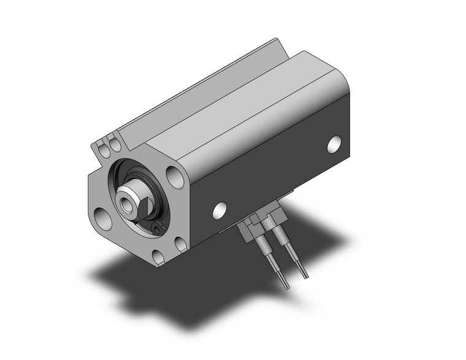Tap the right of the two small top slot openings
pos(114,145)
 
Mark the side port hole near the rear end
pos(334,144)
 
